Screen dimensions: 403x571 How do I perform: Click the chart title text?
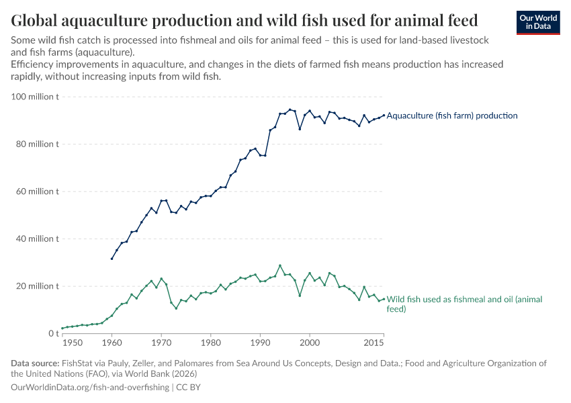click(245, 19)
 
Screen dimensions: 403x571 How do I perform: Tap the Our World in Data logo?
click(537, 22)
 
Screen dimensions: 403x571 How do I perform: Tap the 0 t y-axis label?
click(53, 333)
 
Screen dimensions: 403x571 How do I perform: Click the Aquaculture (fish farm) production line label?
click(452, 116)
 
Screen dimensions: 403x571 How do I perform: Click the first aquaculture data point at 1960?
click(112, 259)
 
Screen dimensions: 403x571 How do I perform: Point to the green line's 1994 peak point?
click(280, 265)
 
